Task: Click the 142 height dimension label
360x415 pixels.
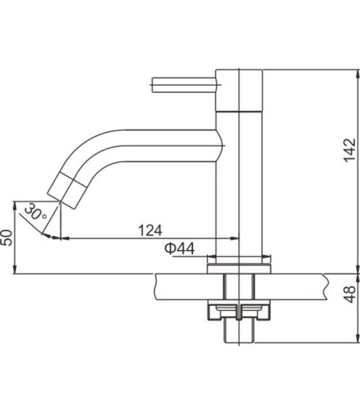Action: (x=349, y=150)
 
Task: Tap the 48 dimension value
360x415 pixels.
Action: (x=350, y=294)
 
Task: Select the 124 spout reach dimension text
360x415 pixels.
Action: (x=150, y=230)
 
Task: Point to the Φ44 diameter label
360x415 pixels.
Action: (x=179, y=248)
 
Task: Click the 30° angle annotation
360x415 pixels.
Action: (x=35, y=211)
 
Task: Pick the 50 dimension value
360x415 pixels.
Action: (x=7, y=238)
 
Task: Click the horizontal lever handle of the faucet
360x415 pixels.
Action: (x=184, y=85)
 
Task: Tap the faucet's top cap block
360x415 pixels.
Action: (x=239, y=90)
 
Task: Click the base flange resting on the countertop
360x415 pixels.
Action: (x=239, y=268)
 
